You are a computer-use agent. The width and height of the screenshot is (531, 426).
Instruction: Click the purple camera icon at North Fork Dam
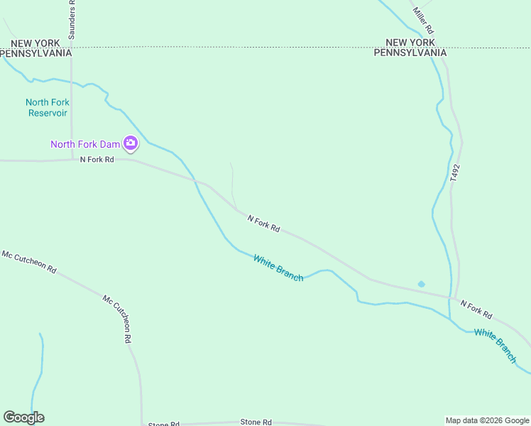[x=131, y=143]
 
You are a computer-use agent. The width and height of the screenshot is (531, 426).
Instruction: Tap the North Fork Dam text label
[x=85, y=144]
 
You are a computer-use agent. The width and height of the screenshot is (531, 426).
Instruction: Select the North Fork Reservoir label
[x=48, y=107]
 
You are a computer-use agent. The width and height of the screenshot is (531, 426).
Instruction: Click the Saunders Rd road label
[x=73, y=19]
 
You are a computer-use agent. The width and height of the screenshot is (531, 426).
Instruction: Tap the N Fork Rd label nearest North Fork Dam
[x=97, y=160]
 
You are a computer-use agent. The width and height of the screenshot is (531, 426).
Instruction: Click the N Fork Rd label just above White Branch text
[x=263, y=224]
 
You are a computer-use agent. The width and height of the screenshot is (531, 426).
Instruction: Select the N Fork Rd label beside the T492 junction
[x=476, y=308]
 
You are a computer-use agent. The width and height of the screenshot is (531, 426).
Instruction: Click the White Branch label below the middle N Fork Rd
[x=278, y=268]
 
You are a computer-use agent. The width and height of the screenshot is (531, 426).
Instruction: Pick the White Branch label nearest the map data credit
[x=496, y=345]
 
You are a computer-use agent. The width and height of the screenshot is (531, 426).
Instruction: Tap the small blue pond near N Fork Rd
[x=421, y=284]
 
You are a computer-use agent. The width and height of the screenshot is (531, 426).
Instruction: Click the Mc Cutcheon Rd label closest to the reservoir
[x=29, y=261]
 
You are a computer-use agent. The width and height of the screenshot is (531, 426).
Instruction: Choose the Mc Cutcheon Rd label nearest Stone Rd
[x=117, y=319]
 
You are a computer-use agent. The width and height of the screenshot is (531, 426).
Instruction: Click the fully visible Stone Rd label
[x=256, y=422]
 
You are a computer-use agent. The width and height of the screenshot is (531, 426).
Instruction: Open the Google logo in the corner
[x=23, y=417]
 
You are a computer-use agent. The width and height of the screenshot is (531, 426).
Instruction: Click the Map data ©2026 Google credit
[x=486, y=420]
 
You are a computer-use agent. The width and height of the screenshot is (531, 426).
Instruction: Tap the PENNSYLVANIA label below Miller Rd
[x=410, y=53]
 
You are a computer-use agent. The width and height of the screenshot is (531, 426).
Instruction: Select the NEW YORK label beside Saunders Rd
[x=31, y=43]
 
